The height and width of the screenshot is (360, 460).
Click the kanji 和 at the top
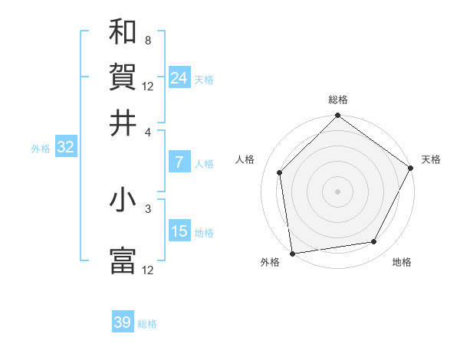click(123, 31)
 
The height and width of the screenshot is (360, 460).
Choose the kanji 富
click(123, 260)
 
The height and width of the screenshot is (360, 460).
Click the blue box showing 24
click(179, 77)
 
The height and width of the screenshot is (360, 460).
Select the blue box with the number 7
click(179, 162)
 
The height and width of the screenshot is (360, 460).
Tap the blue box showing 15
click(179, 231)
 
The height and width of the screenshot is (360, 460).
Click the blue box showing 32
click(65, 148)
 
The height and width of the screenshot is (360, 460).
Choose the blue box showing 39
click(123, 322)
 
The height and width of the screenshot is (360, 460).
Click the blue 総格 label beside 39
click(147, 324)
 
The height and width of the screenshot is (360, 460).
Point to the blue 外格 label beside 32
click(41, 149)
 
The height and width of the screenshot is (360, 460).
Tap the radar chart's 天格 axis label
click(431, 159)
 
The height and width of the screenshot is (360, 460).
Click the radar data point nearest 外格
click(292, 253)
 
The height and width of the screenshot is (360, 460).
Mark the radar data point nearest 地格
click(374, 242)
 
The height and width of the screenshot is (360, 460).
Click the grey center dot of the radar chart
click(337, 191)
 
